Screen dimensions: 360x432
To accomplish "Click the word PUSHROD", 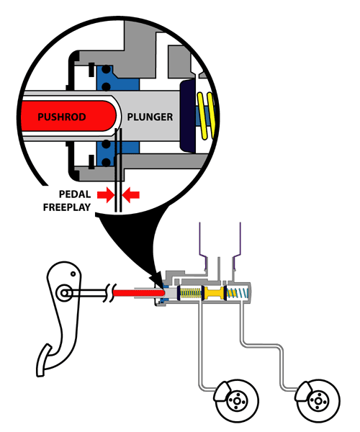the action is (62, 117).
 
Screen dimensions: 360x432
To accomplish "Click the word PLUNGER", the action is (150, 117).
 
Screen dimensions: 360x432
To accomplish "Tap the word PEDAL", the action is (75, 194).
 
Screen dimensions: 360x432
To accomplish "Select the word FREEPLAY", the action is (67, 207).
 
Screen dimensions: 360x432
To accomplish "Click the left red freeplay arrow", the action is (106, 195).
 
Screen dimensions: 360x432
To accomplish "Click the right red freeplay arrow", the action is (131, 195).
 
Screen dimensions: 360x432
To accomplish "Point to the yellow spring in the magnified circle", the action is (206, 115).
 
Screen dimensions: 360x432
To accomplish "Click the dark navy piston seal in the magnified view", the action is (188, 116).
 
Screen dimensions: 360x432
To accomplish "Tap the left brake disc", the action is (237, 400).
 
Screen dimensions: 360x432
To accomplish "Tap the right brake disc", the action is (318, 400).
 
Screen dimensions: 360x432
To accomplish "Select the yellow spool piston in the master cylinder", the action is (214, 293).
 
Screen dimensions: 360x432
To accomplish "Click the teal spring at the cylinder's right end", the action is (238, 293).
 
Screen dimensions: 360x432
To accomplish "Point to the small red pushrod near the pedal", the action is (138, 292).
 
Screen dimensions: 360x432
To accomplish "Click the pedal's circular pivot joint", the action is (65, 293).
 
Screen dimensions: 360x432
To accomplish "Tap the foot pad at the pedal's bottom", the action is (45, 361).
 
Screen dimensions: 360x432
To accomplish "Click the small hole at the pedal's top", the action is (73, 274).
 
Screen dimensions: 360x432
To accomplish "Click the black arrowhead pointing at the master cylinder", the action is (157, 280).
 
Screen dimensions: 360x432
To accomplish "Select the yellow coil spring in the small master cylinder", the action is (191, 293).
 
